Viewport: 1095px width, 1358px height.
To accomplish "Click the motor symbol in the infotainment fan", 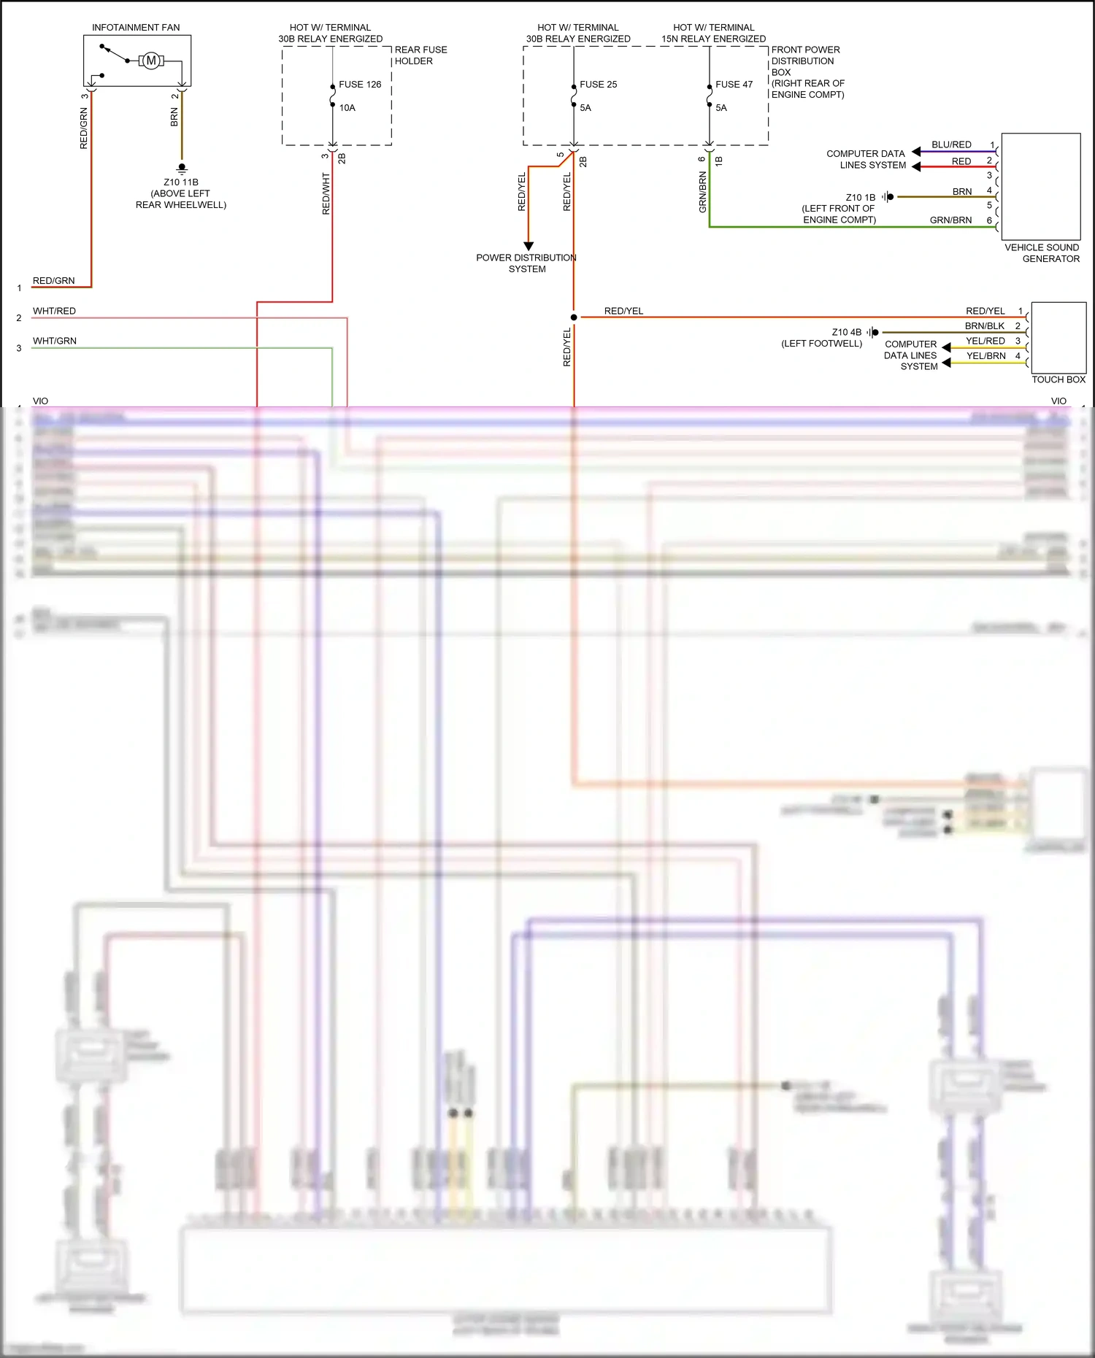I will coord(151,61).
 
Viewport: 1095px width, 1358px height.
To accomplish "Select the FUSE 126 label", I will coord(360,85).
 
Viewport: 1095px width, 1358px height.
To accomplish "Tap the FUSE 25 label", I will coord(598,85).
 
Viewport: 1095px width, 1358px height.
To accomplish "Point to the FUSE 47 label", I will coord(734,85).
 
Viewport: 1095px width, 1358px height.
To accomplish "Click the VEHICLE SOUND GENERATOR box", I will coord(1041,187).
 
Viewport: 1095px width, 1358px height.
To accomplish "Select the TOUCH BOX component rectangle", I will coord(1058,337).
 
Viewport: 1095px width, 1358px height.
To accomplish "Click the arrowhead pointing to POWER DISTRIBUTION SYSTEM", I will coord(529,247).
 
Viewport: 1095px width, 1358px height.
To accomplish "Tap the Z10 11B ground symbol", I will coord(182,169).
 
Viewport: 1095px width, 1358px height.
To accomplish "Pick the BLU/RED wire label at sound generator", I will coord(951,145).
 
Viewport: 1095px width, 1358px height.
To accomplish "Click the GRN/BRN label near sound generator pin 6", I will coord(950,220).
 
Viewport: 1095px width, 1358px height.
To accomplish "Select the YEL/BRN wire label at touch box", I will coord(985,356).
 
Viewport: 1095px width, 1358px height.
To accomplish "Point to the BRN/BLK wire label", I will coord(985,326).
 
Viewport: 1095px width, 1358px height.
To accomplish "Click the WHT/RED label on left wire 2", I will coord(54,311).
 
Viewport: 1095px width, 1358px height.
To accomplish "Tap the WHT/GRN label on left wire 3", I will coord(54,341).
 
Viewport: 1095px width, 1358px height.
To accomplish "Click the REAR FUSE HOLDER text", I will coord(420,55).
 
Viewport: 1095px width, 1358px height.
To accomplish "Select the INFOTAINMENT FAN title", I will coord(136,28).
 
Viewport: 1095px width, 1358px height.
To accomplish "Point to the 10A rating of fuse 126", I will coord(347,108).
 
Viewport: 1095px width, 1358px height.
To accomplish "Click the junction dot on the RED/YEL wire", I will coord(574,317).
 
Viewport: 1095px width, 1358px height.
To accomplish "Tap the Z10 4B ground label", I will coord(846,332).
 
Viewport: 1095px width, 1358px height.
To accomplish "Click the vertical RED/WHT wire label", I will coord(326,193).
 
